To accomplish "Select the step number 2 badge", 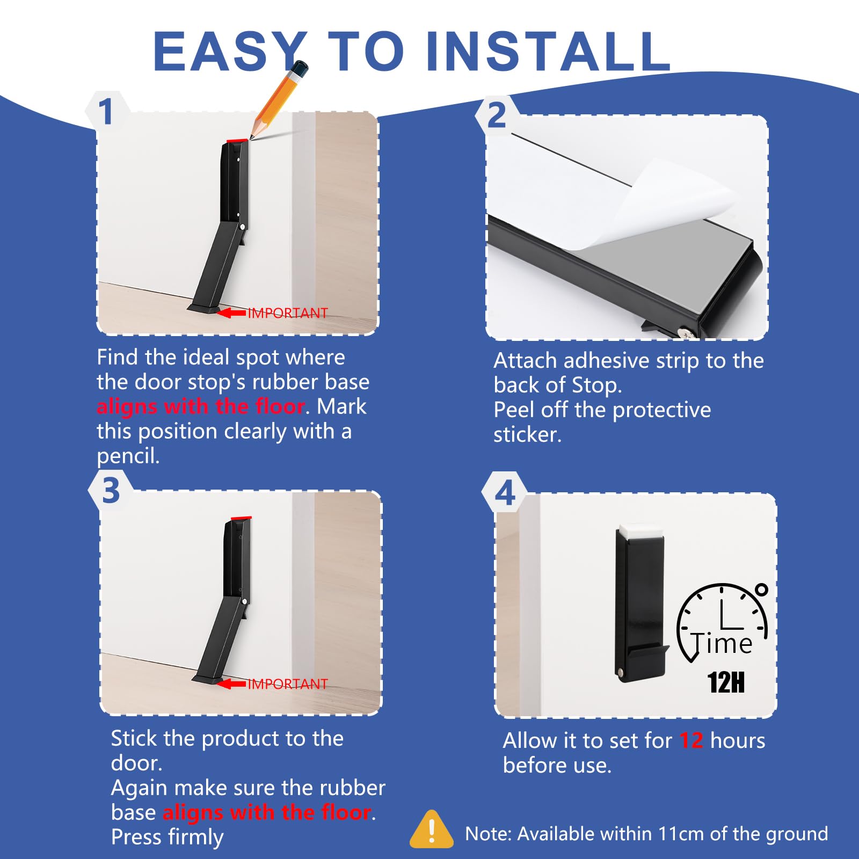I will (x=496, y=115).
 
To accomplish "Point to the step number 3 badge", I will (x=111, y=490).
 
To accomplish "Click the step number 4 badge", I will (x=505, y=493).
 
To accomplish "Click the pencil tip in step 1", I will (x=252, y=137).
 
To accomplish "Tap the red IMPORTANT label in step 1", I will (x=287, y=313).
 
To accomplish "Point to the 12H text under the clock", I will (x=726, y=682).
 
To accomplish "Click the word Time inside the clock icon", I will (x=722, y=644).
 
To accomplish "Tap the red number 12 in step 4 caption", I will (x=691, y=741).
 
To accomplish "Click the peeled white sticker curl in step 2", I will (x=671, y=204).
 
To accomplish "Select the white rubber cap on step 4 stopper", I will (x=640, y=531).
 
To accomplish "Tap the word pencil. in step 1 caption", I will (x=128, y=456).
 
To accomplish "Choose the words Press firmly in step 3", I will (x=167, y=837).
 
